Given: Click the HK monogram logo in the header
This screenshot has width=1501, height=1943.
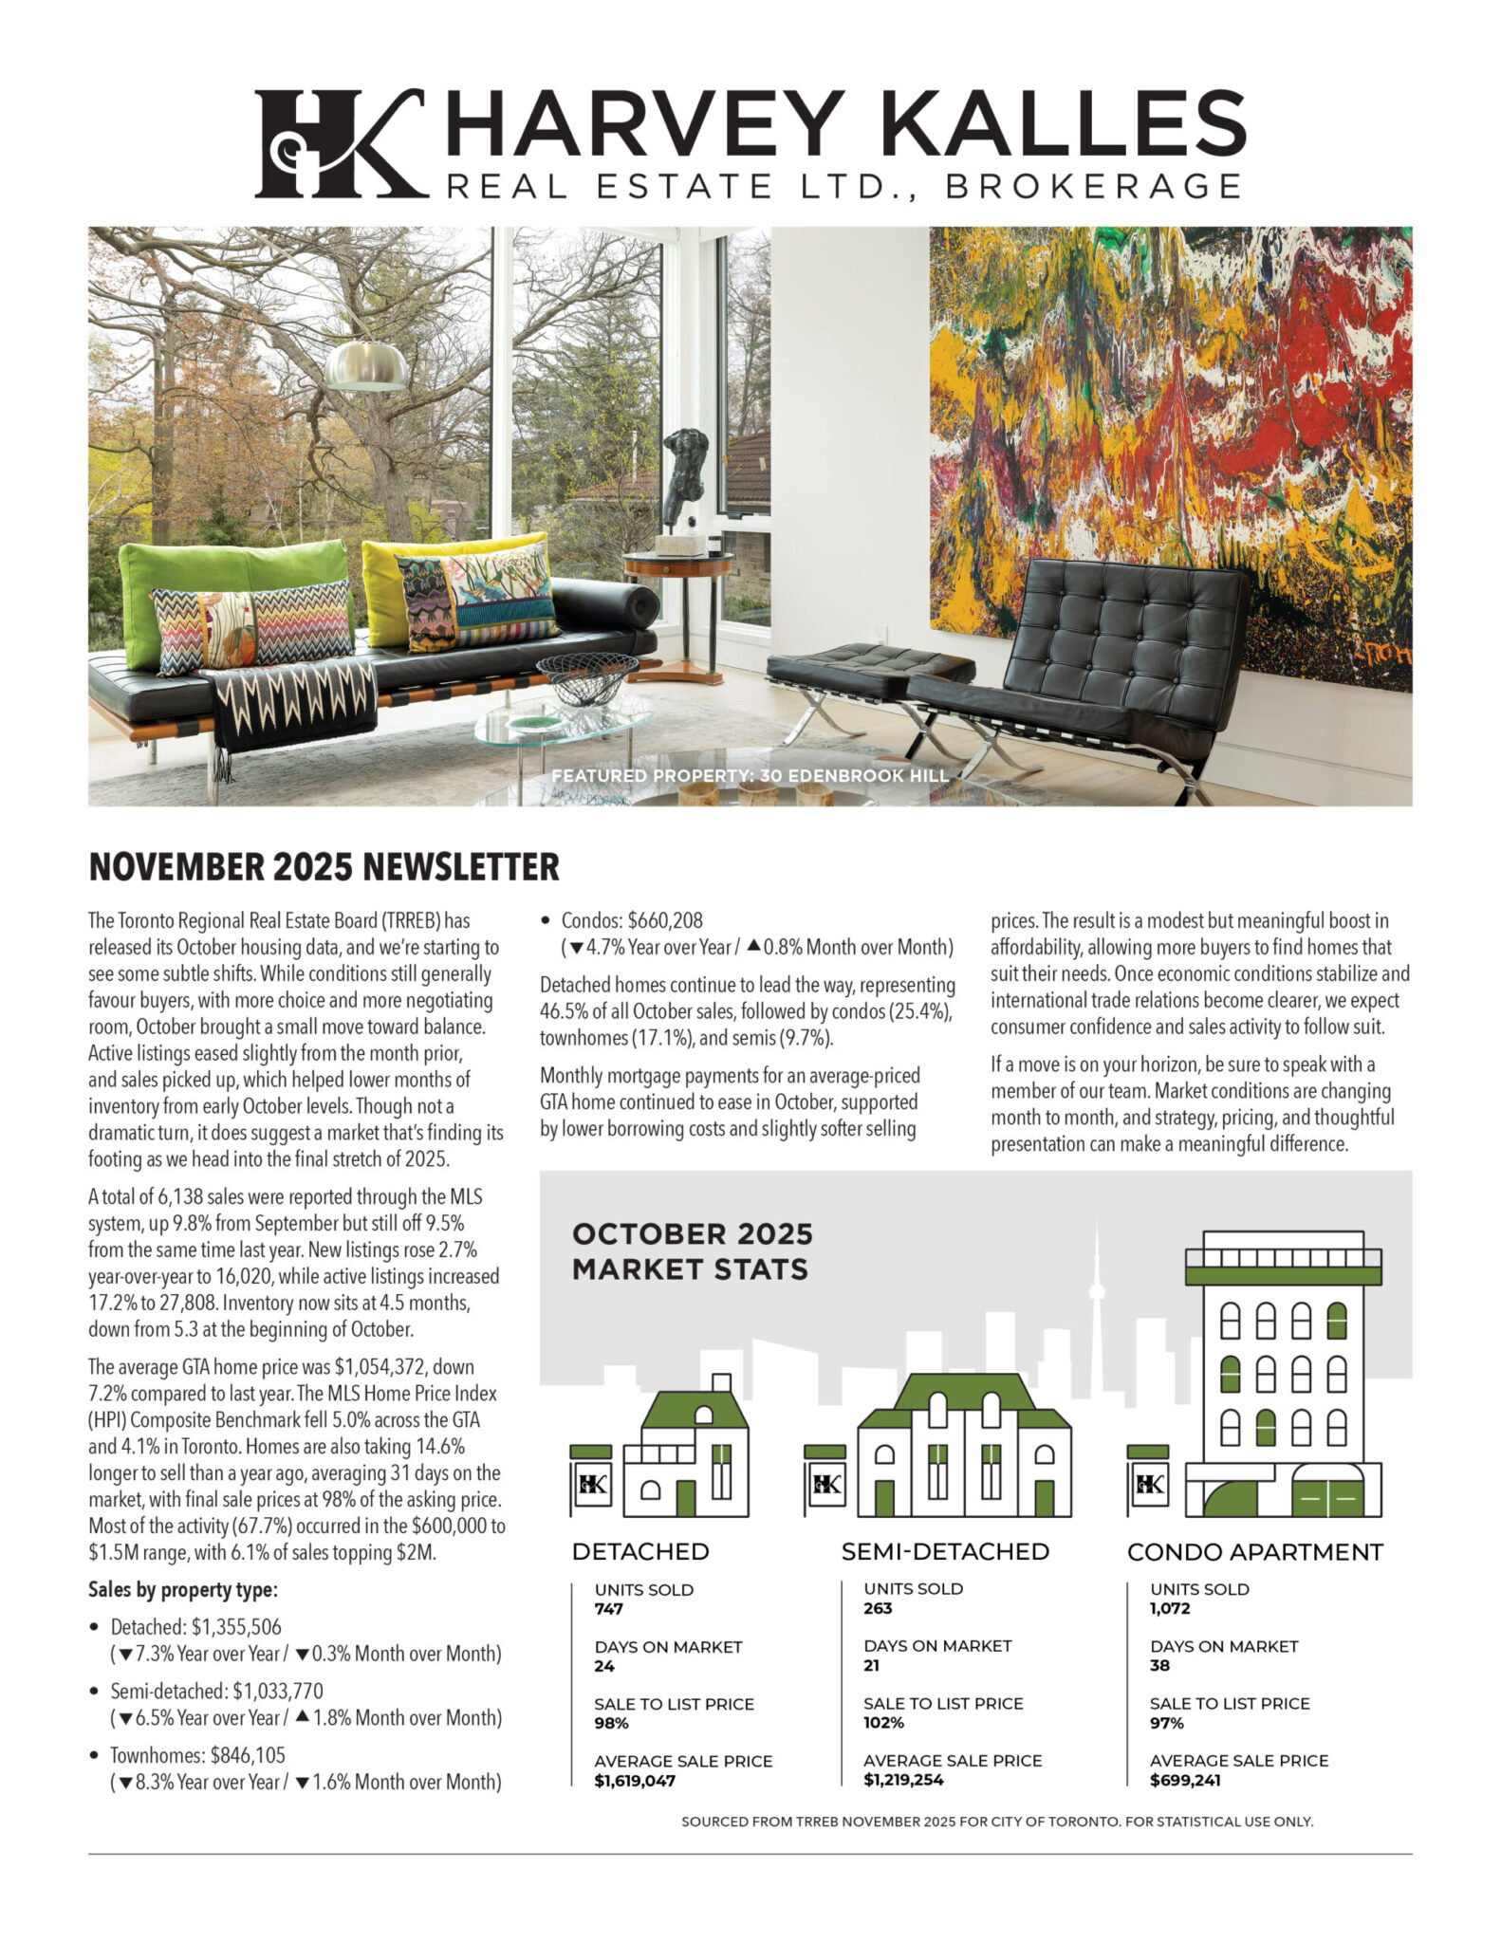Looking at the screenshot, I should click(x=338, y=143).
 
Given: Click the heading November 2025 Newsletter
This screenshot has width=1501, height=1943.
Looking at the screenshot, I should click(x=324, y=867).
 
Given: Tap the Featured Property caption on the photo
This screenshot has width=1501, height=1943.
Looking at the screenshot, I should click(x=750, y=776).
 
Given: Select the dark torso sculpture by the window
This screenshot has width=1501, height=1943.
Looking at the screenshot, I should click(x=685, y=474).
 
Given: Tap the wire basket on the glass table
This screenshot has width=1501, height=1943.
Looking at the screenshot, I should click(x=587, y=678).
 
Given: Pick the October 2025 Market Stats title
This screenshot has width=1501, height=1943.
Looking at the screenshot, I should click(x=692, y=1251).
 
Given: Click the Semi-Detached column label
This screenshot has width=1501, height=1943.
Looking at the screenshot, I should click(x=945, y=1552).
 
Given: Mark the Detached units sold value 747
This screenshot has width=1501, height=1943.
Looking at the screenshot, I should click(x=608, y=1608).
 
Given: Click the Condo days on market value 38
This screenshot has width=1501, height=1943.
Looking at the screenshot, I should click(x=1159, y=1665).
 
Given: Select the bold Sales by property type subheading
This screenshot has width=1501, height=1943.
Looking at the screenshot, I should click(x=182, y=1589).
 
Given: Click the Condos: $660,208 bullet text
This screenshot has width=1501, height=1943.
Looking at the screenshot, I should click(x=631, y=920).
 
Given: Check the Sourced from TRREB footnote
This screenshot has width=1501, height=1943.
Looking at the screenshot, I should click(x=996, y=1822).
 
